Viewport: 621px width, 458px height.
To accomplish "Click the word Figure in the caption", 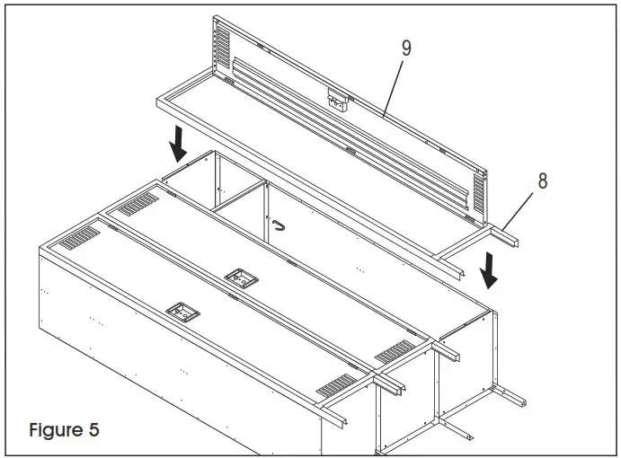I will point(55,429).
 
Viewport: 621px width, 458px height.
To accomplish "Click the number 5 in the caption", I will point(93,429).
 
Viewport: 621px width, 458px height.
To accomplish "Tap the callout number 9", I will point(406,48).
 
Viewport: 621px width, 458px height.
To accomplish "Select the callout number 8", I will point(542,181).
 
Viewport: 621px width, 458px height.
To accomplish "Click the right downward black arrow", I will point(490,269).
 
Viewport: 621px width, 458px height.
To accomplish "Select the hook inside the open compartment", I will point(279,225).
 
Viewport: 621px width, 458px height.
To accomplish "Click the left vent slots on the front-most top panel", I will point(82,238).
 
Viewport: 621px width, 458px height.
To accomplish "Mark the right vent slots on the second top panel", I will point(392,352).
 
